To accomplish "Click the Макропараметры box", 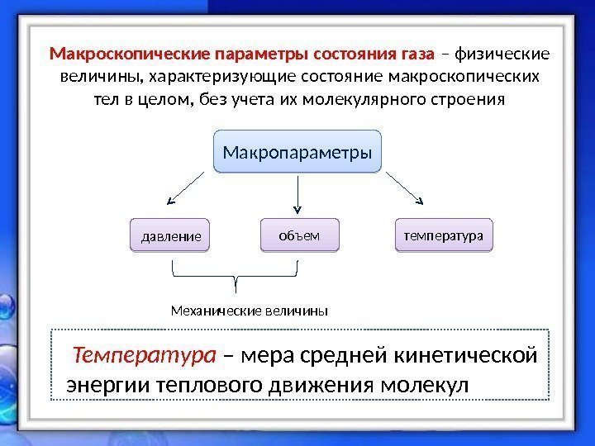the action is tap(297, 152).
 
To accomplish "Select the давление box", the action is tap(171, 236).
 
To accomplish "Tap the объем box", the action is tap(300, 235).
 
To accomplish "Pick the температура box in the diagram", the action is tap(443, 235).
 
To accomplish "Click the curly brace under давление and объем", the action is tap(236, 273).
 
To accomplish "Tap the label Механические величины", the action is tap(249, 311).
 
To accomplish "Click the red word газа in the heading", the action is tap(415, 55).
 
